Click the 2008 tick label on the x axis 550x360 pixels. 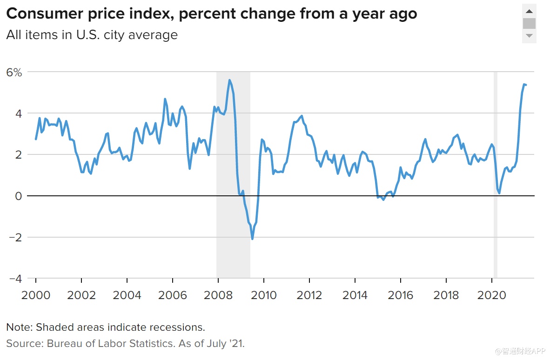coord(218,295)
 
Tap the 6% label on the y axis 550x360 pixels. coord(14,73)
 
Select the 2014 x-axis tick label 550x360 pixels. coord(355,295)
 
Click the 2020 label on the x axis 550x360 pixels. coord(492,295)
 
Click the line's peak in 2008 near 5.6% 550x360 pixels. coord(229,80)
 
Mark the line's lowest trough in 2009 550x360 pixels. coord(252,239)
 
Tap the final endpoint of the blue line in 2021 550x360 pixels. coord(526,85)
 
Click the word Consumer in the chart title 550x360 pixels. coord(37,14)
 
